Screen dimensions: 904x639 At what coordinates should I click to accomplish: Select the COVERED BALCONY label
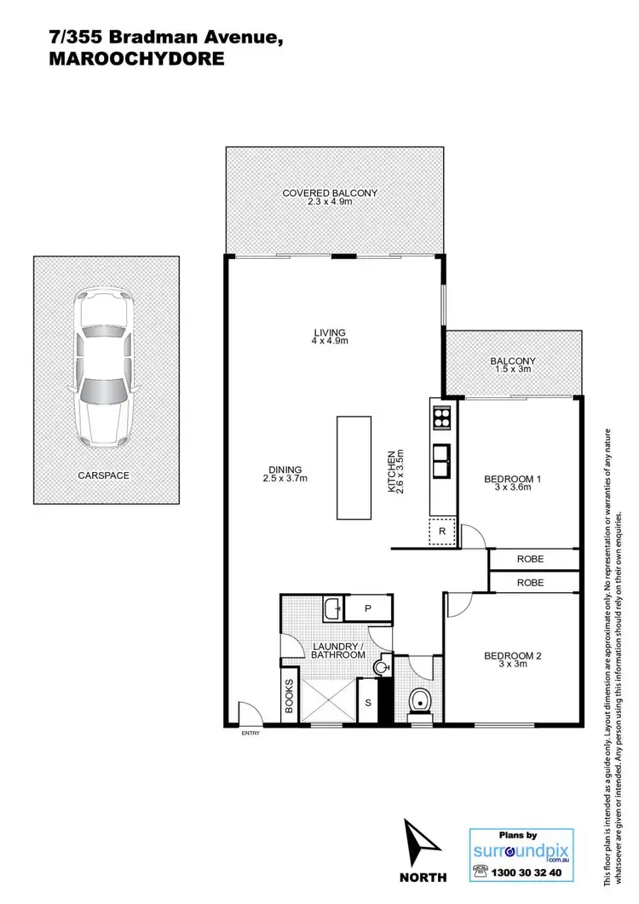(x=330, y=193)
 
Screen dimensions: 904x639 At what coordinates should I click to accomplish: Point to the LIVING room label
(x=329, y=332)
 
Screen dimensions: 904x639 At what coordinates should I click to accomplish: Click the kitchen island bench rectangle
(x=354, y=467)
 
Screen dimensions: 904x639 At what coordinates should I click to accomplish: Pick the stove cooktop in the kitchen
(x=443, y=417)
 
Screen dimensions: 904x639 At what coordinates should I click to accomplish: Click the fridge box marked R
(x=442, y=531)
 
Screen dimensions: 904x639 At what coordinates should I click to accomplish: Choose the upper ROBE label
(x=530, y=559)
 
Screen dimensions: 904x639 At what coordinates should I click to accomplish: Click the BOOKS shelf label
(x=289, y=696)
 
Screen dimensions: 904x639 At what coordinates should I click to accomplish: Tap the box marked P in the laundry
(x=367, y=608)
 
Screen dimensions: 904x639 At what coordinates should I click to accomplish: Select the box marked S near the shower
(x=367, y=702)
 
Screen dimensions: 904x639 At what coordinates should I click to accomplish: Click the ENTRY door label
(x=250, y=732)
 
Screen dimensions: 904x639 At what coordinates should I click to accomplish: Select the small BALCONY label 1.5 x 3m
(x=513, y=361)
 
